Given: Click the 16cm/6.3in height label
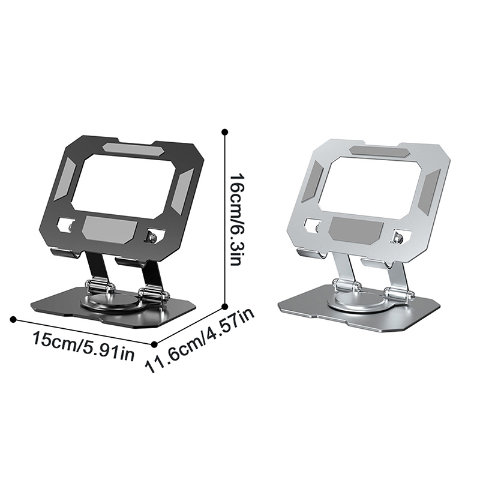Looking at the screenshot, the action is pos(236,220).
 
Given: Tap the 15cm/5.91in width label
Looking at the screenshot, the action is pos(83,346).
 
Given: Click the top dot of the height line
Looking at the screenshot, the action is pos(226,132).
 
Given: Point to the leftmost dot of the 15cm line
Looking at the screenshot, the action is pos(13,320).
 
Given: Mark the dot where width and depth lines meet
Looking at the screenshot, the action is pos(155,344).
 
